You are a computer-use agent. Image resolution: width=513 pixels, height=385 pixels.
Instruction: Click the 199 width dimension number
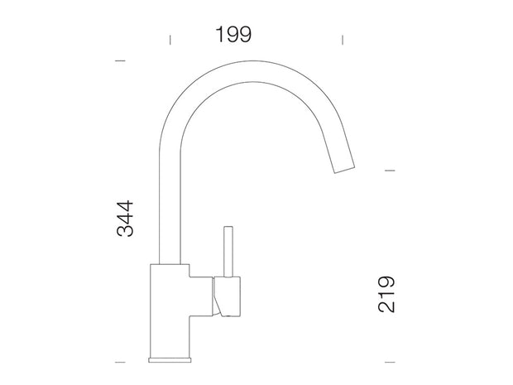(x=233, y=35)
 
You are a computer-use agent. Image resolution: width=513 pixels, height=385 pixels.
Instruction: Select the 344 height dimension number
(x=125, y=219)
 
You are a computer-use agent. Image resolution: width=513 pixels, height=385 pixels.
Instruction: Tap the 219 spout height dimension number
(x=386, y=294)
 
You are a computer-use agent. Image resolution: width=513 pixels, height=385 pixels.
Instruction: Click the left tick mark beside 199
(x=170, y=40)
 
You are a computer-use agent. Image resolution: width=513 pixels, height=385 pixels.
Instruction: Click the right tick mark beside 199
(x=343, y=40)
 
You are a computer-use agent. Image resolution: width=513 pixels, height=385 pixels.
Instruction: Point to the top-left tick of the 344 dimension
(x=120, y=60)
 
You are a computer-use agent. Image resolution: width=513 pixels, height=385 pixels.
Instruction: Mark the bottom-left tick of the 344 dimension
(x=120, y=362)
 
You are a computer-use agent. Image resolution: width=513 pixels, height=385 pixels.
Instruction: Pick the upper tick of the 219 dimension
(x=390, y=171)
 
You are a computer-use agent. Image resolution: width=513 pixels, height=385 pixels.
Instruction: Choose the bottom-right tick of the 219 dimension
(x=390, y=362)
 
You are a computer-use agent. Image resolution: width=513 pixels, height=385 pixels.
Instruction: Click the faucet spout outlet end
(x=344, y=170)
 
